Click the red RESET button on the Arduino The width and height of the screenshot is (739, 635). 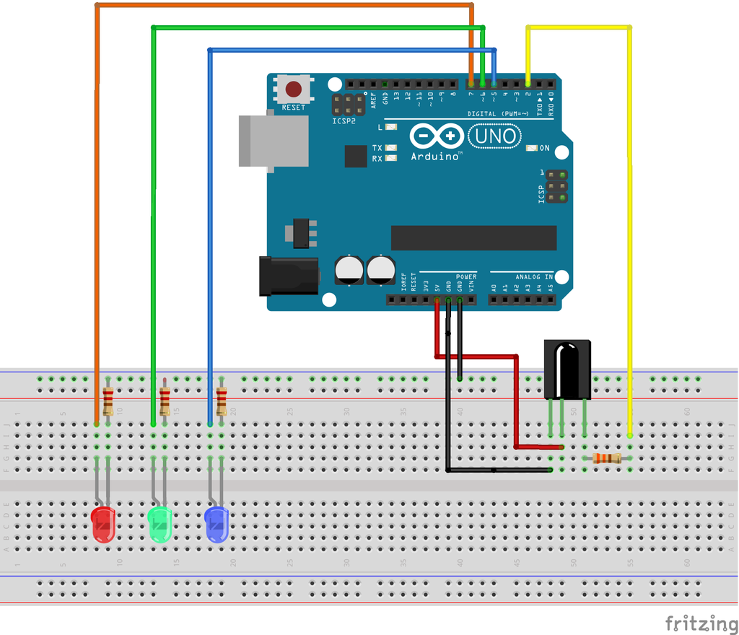pyautogui.click(x=294, y=89)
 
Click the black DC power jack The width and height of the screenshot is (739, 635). pyautogui.click(x=289, y=276)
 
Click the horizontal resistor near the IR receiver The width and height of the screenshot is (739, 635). pyautogui.click(x=607, y=457)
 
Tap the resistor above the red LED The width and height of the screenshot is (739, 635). pyautogui.click(x=108, y=400)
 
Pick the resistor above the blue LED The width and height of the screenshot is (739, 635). pyautogui.click(x=222, y=400)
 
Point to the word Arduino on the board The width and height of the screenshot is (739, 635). pyautogui.click(x=436, y=156)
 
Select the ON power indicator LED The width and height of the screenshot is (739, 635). pyautogui.click(x=532, y=148)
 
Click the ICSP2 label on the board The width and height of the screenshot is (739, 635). pyautogui.click(x=344, y=121)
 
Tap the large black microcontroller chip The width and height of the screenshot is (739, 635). pyautogui.click(x=473, y=237)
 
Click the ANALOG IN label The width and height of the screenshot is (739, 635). pyautogui.click(x=534, y=277)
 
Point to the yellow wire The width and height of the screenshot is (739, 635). pyautogui.click(x=630, y=216)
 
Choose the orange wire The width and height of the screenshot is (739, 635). pyautogui.click(x=97, y=216)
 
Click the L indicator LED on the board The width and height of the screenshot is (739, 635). pyautogui.click(x=391, y=127)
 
